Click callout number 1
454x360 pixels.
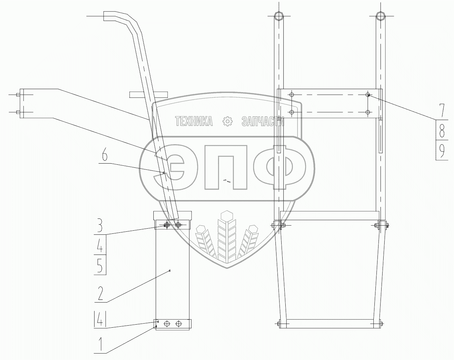(101, 344)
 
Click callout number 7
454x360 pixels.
(441, 110)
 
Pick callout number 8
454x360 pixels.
(442, 130)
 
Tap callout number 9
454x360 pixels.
(442, 151)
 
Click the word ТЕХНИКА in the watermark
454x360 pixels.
(194, 121)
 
